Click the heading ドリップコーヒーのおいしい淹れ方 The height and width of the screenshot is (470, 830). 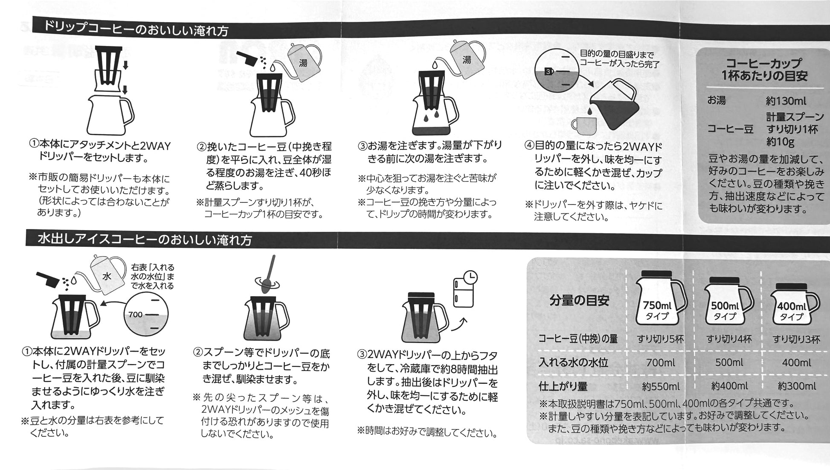(x=136, y=29)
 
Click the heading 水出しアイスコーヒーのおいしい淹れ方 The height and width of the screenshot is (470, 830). (x=145, y=239)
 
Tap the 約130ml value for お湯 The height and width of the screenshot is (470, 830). (x=786, y=101)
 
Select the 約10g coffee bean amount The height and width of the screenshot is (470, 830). (x=780, y=142)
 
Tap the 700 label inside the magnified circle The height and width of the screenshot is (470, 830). (x=135, y=315)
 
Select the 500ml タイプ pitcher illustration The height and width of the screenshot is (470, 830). (x=728, y=301)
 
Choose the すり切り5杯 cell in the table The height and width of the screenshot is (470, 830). (x=660, y=339)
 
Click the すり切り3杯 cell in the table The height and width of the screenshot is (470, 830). (x=796, y=339)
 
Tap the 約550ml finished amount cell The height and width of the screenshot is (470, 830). (x=661, y=386)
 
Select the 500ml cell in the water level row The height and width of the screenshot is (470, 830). (x=729, y=362)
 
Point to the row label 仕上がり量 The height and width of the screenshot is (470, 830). (x=563, y=386)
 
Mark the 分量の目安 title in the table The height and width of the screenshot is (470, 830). (x=579, y=301)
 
